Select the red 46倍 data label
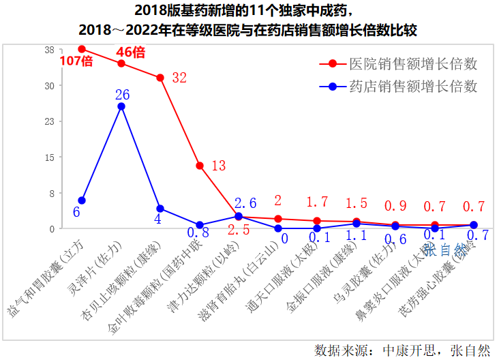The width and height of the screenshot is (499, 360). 130,52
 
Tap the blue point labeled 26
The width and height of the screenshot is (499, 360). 121,106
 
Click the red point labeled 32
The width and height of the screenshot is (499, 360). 160,78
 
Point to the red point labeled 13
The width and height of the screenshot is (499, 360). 200,166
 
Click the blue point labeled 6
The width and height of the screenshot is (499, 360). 82,200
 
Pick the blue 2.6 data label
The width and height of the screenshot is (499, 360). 245,203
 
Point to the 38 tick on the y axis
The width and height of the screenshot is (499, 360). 49,50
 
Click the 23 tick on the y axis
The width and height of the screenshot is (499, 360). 49,121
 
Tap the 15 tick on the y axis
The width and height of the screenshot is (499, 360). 49,157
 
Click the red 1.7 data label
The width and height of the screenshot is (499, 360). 317,202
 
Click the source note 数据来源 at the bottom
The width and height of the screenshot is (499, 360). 402,350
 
